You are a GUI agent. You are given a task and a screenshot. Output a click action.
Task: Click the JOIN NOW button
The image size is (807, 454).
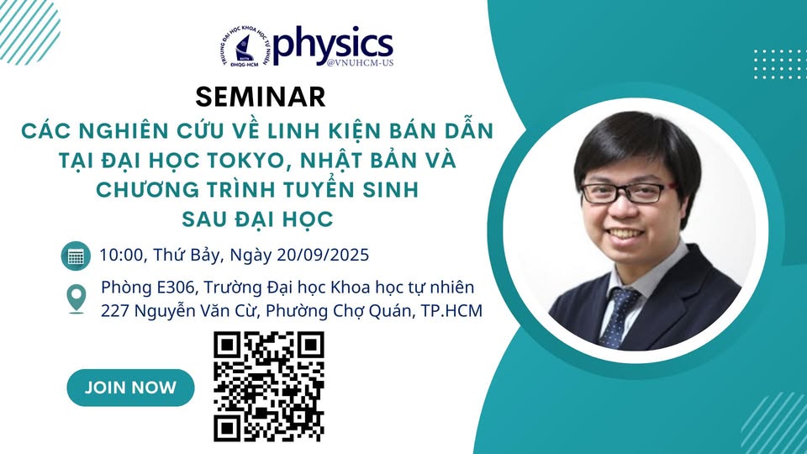(130, 388)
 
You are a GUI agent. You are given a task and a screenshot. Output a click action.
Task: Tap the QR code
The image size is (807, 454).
(269, 386)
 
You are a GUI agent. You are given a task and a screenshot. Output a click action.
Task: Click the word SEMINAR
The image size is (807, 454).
(260, 97)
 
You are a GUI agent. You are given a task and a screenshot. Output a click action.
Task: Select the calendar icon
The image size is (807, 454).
(76, 255)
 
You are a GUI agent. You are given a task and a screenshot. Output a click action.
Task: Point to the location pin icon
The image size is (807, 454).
(76, 298)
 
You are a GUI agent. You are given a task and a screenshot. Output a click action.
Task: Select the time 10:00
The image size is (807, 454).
(120, 254)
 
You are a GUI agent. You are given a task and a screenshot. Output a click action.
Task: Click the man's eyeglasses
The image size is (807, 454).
(623, 193)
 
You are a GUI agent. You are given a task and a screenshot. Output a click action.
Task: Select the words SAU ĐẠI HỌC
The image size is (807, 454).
(258, 219)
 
